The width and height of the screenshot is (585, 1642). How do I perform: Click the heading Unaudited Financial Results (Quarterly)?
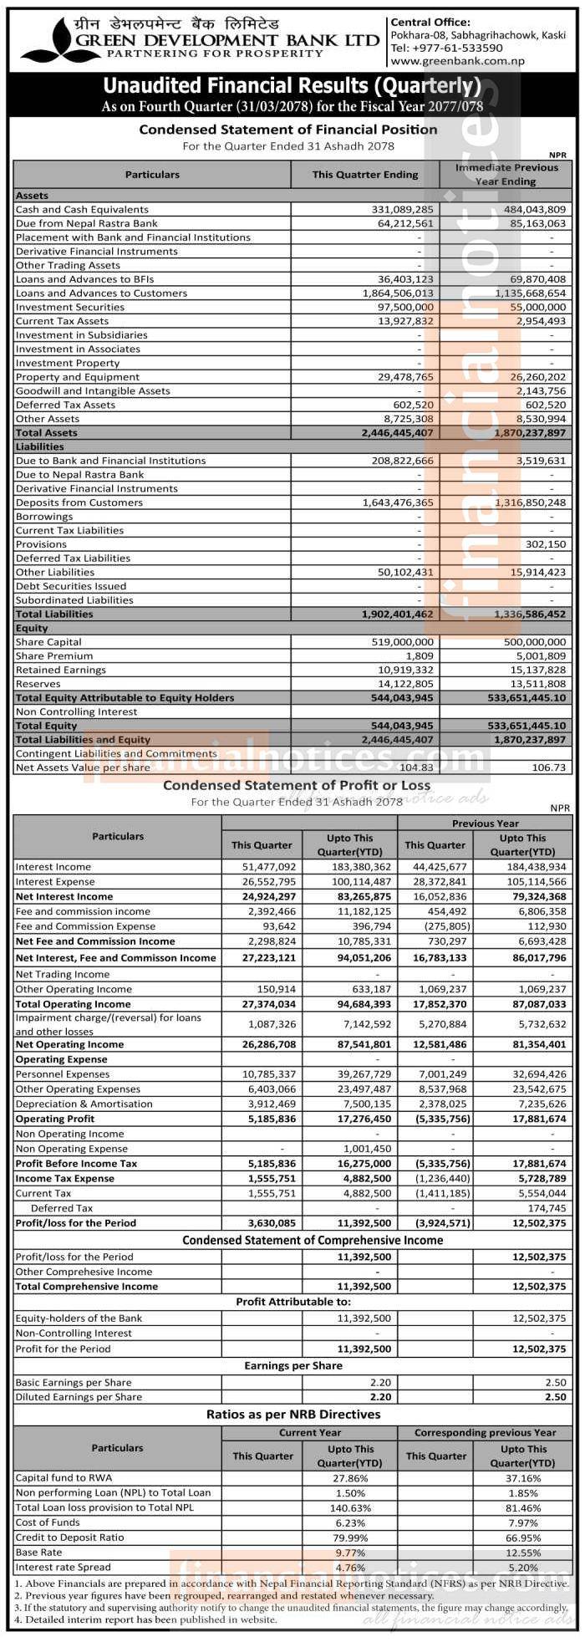coord(292,86)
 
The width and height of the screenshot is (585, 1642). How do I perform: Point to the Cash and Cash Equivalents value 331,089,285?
coord(403,210)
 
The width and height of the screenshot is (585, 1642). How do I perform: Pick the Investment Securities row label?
coord(70,308)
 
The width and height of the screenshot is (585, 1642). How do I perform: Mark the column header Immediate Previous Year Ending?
coord(506,174)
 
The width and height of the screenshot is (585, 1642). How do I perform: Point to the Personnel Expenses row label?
coord(62,1073)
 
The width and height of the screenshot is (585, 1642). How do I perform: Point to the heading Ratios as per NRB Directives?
coord(292,1415)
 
